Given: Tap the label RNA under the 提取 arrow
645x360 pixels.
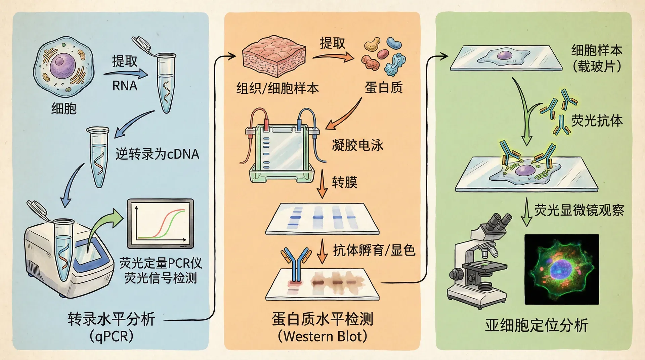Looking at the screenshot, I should tap(125, 86).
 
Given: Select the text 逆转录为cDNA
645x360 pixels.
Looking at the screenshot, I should tap(157, 154).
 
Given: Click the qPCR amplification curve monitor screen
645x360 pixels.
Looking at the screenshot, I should tap(161, 223).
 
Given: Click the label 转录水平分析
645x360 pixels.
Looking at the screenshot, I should tap(111, 319).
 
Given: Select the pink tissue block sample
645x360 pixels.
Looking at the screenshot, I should tap(274, 55).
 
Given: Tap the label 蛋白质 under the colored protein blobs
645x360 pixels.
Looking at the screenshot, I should tap(384, 88).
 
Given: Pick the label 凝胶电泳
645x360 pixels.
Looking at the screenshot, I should tap(357, 145).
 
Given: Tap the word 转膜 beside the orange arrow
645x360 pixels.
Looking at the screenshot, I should tap(344, 182).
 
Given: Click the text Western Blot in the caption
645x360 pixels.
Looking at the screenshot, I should tap(322, 336).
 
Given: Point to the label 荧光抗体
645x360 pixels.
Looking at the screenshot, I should tap(597, 121).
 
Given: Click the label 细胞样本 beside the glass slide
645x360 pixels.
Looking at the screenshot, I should tap(597, 50).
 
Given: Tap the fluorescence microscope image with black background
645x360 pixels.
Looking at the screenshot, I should tap(562, 269).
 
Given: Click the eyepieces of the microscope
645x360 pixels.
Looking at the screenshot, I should tap(499, 222).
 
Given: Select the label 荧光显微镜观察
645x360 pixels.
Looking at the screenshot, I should tap(579, 210).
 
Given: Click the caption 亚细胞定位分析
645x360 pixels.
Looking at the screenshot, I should tap(536, 325).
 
